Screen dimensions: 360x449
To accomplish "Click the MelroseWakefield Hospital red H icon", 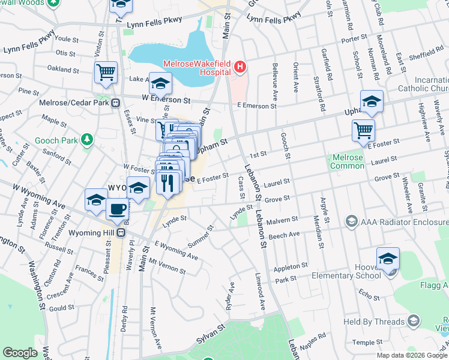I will coord(240,67).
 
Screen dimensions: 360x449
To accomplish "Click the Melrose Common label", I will coord(347,161).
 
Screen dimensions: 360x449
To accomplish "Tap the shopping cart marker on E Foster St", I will coord(363,130).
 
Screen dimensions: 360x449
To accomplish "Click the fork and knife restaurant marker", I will coord(169,181).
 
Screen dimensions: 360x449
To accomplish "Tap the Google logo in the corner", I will coord(20,353).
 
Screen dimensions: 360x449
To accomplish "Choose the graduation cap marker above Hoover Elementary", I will coord(388,259).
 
